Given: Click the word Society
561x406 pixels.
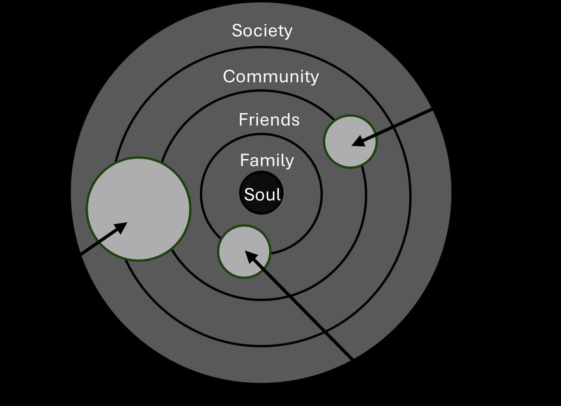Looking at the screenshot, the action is pos(262,31).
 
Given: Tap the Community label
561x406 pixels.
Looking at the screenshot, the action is pos(271,76).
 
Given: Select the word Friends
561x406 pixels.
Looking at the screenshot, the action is pos(269,120).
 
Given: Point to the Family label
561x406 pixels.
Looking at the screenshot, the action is pos(267,160).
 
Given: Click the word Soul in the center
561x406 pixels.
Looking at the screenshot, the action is pos(262,195).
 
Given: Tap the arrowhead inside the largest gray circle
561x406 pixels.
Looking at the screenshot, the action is pos(121,227).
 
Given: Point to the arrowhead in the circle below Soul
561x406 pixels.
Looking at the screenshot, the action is pos(250,256).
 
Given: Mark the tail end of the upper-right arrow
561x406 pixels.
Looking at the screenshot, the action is pos(432,110).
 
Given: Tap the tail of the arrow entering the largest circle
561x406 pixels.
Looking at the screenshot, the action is pos(82,253).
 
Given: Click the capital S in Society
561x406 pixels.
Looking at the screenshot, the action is pos(237,31).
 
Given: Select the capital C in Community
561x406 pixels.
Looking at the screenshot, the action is pos(229,76).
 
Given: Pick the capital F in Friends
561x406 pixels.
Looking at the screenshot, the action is pos(243,120).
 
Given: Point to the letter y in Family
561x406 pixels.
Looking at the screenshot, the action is pos(290,162).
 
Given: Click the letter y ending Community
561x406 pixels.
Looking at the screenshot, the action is pos(314,78).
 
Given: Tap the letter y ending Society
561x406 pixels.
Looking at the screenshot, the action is pos(288,32).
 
